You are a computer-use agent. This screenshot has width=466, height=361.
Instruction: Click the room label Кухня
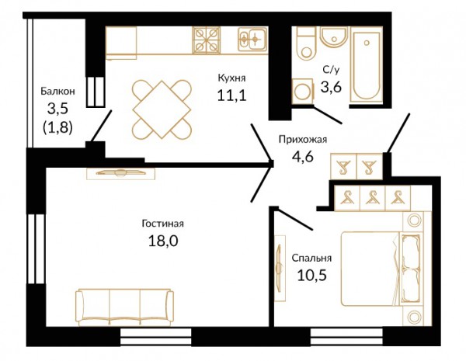(x=231, y=78)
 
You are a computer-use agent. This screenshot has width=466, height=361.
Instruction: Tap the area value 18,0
(x=163, y=241)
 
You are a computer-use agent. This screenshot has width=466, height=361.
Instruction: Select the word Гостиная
(x=162, y=224)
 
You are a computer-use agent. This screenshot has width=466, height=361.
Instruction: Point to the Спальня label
(x=311, y=258)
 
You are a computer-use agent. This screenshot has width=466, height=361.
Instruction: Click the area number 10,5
(x=312, y=275)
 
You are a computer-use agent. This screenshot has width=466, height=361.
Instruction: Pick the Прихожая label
(x=303, y=139)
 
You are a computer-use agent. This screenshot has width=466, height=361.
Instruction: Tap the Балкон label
(x=58, y=91)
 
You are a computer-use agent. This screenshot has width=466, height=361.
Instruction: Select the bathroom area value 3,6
(x=331, y=87)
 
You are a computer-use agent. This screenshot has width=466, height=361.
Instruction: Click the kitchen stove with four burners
(x=207, y=40)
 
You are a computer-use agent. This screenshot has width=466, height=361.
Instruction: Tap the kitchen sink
(x=252, y=39)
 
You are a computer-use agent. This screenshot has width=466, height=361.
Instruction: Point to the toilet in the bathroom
(x=305, y=43)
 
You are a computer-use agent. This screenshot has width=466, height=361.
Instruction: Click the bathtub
(x=367, y=65)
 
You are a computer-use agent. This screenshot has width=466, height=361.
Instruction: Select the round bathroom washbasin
(x=334, y=36)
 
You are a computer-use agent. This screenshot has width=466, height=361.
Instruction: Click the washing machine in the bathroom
(x=303, y=92)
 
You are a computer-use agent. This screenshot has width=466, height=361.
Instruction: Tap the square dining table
(x=162, y=109)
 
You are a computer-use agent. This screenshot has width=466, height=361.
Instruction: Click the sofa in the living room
(x=124, y=307)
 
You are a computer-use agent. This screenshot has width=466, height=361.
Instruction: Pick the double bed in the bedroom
(x=382, y=269)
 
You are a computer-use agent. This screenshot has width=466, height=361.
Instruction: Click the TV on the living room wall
(x=120, y=172)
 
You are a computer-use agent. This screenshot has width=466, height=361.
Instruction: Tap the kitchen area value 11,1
(x=231, y=95)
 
